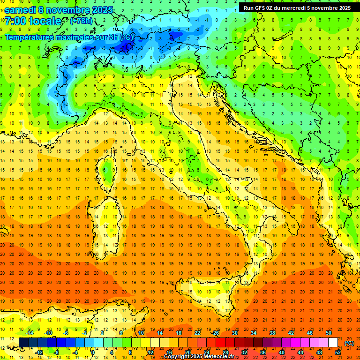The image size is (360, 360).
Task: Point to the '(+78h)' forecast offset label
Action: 81,21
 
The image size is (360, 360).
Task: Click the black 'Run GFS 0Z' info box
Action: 297,7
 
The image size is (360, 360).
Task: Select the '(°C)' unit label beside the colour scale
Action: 349,343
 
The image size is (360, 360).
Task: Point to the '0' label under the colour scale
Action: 93,352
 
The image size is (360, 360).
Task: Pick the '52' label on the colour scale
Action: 337,352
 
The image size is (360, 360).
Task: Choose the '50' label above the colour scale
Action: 329,333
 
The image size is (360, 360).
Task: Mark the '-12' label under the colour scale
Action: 39,352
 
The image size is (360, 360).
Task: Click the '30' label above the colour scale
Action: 235,333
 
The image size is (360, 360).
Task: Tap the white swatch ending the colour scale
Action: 333,343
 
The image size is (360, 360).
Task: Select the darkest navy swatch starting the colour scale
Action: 23,343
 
